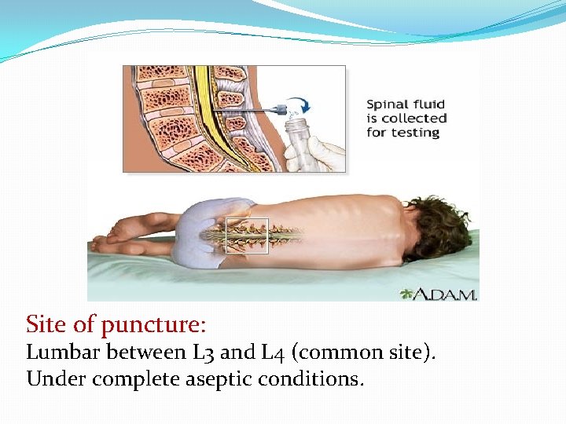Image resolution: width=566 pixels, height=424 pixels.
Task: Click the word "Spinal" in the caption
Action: [x=388, y=104]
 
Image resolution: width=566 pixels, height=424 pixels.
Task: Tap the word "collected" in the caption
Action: [x=417, y=118]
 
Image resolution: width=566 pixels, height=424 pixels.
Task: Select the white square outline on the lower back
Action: [x=247, y=236]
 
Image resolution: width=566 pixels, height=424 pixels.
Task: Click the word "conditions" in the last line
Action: [x=315, y=379]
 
